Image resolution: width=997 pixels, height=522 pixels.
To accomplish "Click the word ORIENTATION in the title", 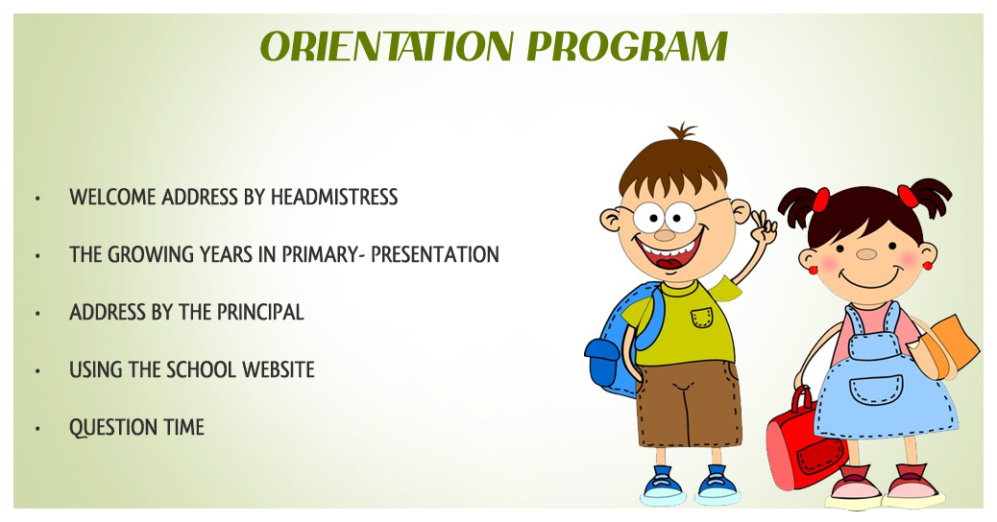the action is click(386, 46).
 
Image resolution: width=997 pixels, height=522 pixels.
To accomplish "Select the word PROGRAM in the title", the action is click(627, 46).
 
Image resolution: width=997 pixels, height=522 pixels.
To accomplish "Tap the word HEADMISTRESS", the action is click(334, 197).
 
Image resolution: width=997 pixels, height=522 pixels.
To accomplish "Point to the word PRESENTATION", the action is click(435, 254).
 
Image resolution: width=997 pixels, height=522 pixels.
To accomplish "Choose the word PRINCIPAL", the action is click(260, 312).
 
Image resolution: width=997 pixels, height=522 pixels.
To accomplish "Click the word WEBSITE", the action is click(279, 369).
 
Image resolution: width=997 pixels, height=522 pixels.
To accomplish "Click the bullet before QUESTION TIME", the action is click(38, 429).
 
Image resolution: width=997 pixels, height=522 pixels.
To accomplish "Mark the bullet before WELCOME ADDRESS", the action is click(38, 199).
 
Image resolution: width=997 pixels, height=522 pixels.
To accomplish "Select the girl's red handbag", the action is click(805, 441).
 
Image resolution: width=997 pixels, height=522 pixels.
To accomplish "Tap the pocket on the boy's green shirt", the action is click(701, 317).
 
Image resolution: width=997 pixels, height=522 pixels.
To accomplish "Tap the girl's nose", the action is click(866, 254).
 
